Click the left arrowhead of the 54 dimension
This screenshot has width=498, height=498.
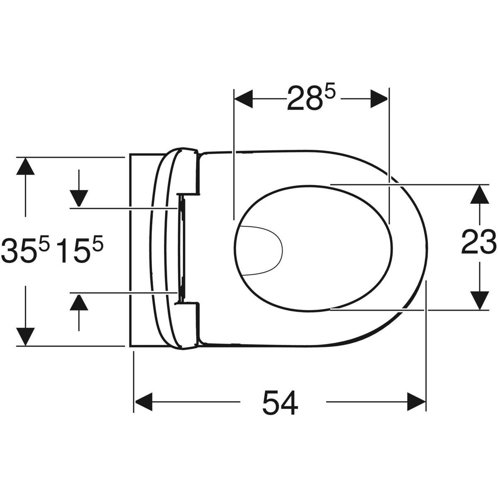143,402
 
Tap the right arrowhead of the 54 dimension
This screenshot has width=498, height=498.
416,402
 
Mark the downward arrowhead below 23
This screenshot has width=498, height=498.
480,300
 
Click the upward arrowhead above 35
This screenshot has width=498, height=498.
25,167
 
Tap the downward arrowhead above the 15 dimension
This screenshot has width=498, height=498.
79,198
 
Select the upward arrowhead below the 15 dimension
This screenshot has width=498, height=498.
79,302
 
